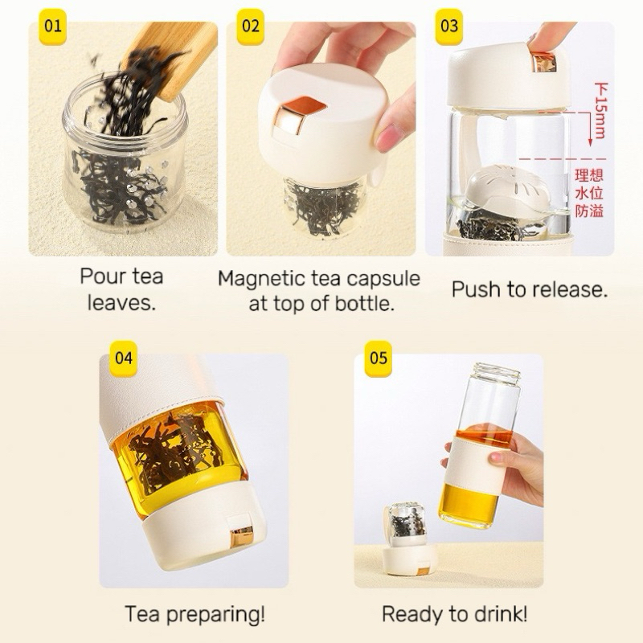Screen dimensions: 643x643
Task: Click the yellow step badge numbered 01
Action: tap(52, 27)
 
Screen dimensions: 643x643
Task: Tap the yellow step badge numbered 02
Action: tap(251, 27)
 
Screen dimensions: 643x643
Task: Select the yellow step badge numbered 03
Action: tap(449, 27)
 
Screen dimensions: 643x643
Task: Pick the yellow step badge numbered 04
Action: tap(124, 358)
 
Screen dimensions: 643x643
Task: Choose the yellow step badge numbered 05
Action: tap(379, 358)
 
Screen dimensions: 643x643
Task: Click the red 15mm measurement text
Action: tap(600, 111)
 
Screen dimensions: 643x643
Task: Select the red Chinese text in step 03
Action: tap(589, 193)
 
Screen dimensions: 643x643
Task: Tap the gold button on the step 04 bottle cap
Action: tap(242, 536)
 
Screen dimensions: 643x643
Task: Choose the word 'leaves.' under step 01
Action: tap(122, 304)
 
